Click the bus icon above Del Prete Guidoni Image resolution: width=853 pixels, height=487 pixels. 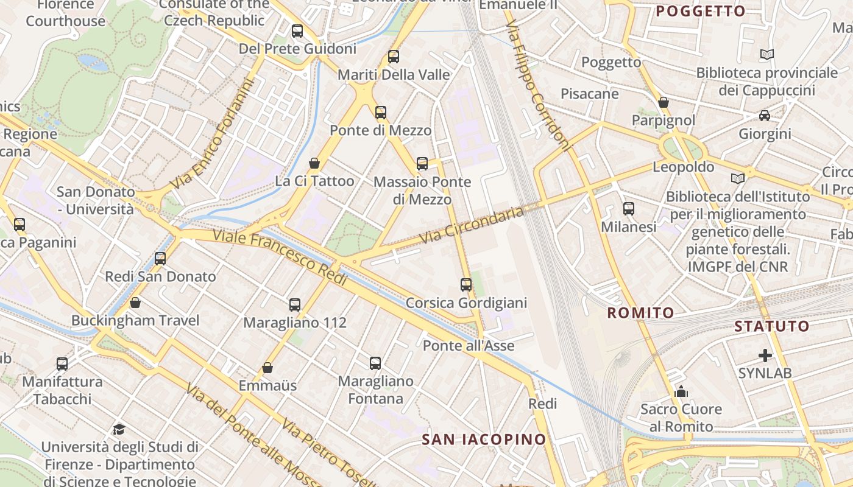click(x=297, y=31)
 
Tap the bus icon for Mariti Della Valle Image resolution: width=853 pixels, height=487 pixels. click(x=394, y=57)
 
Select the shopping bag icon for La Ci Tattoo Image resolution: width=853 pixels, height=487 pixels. click(x=314, y=163)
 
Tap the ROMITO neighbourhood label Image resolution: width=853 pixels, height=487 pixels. click(x=640, y=313)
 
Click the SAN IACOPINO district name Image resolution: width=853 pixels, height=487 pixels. click(x=484, y=439)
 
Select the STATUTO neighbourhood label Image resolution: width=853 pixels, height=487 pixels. click(x=771, y=326)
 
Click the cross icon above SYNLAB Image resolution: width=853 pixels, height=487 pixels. click(x=765, y=355)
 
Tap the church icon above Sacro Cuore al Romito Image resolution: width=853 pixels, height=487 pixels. click(x=681, y=391)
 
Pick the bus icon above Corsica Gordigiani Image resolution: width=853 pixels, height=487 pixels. click(x=466, y=285)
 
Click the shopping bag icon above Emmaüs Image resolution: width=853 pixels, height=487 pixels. click(x=267, y=368)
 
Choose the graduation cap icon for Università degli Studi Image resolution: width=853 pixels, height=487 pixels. click(x=119, y=429)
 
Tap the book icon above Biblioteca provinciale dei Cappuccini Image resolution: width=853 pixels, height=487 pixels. click(x=767, y=55)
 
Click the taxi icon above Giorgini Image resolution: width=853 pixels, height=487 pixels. click(x=765, y=116)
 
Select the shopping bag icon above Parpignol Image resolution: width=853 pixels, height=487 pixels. click(x=664, y=102)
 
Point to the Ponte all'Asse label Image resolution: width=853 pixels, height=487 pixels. click(x=469, y=346)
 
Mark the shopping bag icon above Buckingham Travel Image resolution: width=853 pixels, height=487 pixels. click(x=135, y=303)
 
